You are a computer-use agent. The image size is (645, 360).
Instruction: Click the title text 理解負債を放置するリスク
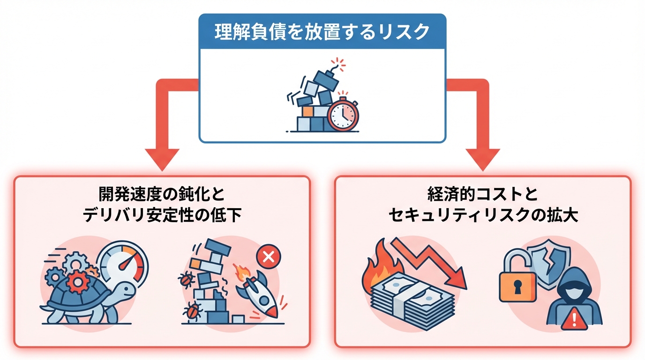(322, 32)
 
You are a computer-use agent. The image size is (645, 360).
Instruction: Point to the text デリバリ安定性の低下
(162, 215)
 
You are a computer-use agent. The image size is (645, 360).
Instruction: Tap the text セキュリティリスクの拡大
(483, 215)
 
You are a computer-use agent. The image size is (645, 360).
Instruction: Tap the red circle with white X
(268, 256)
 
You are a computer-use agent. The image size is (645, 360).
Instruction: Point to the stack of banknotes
(407, 300)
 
